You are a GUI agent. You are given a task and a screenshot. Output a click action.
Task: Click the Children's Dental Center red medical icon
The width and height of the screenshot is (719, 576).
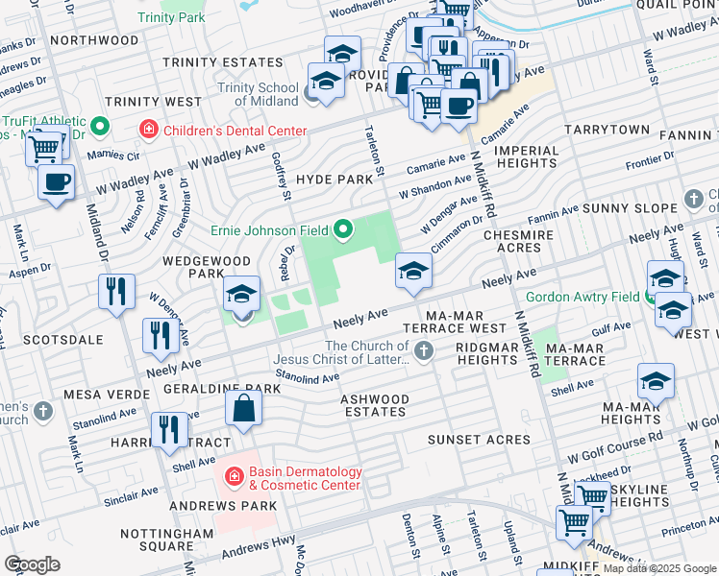coord(149,130)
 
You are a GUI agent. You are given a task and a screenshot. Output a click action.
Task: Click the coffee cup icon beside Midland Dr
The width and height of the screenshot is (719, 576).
coord(57,181)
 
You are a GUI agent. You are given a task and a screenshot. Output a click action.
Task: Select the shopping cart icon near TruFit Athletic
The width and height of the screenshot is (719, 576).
coord(44,148)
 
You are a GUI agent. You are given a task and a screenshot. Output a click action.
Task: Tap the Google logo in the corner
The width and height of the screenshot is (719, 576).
coord(32,564)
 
